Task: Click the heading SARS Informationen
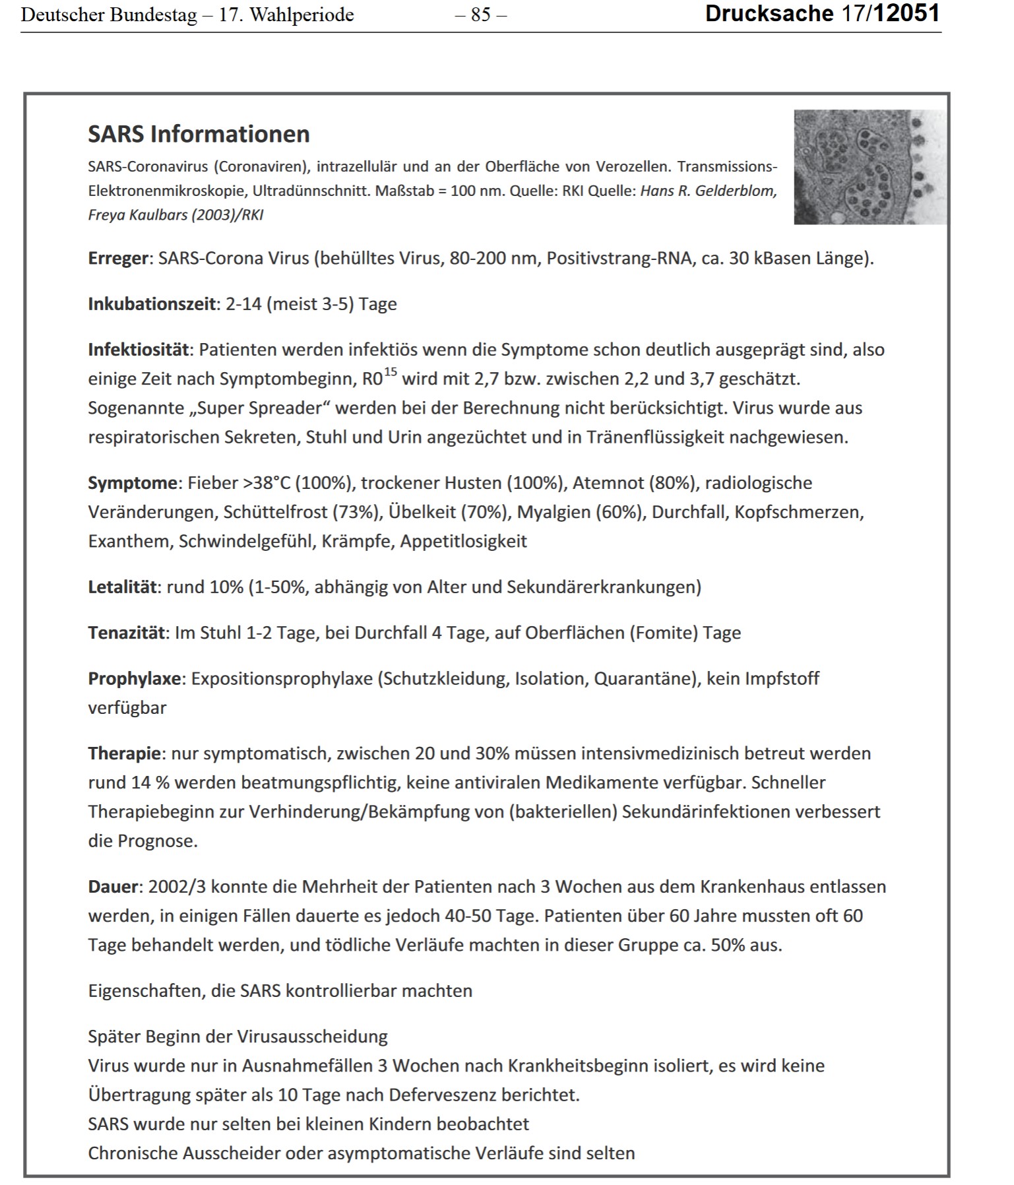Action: pyautogui.click(x=199, y=134)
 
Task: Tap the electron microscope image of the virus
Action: pyautogui.click(x=870, y=167)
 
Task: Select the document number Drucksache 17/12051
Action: pyautogui.click(x=822, y=14)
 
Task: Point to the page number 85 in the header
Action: pyautogui.click(x=481, y=15)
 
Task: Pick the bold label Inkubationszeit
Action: pyautogui.click(x=152, y=304)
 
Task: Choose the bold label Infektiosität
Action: pyautogui.click(x=139, y=350)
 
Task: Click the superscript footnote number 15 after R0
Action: pyautogui.click(x=391, y=372)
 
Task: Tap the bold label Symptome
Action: pyautogui.click(x=132, y=483)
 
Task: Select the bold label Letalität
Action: pyautogui.click(x=123, y=587)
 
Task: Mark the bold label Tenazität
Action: pyautogui.click(x=127, y=633)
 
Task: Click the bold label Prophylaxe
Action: pyautogui.click(x=135, y=678)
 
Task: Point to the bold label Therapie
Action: pyautogui.click(x=125, y=753)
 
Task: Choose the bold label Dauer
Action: pyautogui.click(x=113, y=886)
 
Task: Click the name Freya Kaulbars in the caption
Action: pyautogui.click(x=137, y=215)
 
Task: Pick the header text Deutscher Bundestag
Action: pyautogui.click(x=109, y=15)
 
